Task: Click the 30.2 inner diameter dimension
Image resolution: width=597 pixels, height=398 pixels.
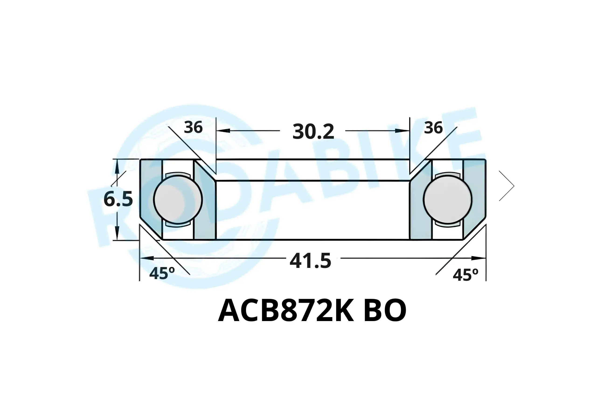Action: point(313,132)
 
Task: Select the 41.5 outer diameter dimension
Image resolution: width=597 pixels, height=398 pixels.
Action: point(310,261)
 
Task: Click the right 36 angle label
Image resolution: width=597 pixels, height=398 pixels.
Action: point(434,128)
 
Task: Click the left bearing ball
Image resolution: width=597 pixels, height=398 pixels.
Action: point(178,199)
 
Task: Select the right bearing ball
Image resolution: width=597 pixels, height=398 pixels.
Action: point(448,199)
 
